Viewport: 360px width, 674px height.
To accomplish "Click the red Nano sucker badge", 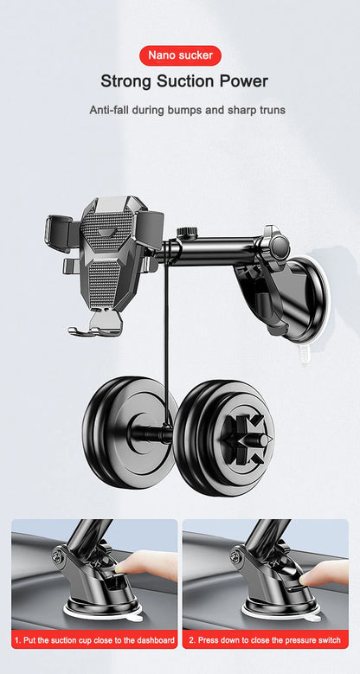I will (179, 55).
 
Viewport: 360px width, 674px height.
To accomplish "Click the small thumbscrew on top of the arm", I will (183, 234).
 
